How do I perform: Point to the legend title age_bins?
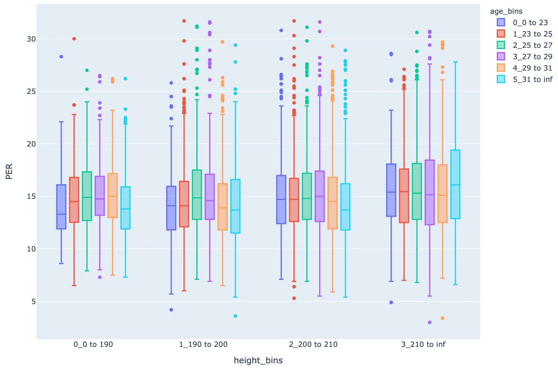[x=506, y=11]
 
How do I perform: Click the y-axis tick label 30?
[x=31, y=39]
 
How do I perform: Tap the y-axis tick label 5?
[x=33, y=302]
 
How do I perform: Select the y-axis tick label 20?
[x=31, y=144]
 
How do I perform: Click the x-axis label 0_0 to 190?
[x=93, y=344]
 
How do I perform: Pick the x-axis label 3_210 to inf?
[x=423, y=344]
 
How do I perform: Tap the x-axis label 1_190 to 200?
[x=203, y=344]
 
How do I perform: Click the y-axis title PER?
[x=9, y=171]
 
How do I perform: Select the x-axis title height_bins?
[x=258, y=361]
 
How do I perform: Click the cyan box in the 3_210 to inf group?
[x=455, y=184]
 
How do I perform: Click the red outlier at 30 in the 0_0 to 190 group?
[x=74, y=39]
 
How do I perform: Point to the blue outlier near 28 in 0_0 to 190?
[x=61, y=57]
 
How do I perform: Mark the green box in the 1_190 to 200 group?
[x=197, y=195]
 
